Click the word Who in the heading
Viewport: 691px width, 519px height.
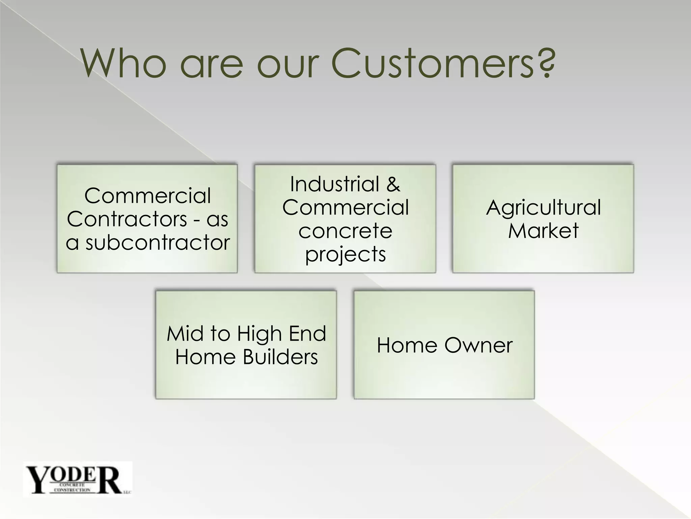point(123,64)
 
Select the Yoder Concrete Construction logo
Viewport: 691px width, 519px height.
point(78,479)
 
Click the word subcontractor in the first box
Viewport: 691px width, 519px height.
point(158,243)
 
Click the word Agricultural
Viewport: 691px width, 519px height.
point(543,207)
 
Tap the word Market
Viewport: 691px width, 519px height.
point(543,231)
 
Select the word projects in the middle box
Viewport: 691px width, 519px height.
point(345,254)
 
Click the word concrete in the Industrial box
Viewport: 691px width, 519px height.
point(345,231)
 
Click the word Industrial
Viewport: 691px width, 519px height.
point(335,184)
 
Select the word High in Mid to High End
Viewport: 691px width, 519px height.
point(259,334)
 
